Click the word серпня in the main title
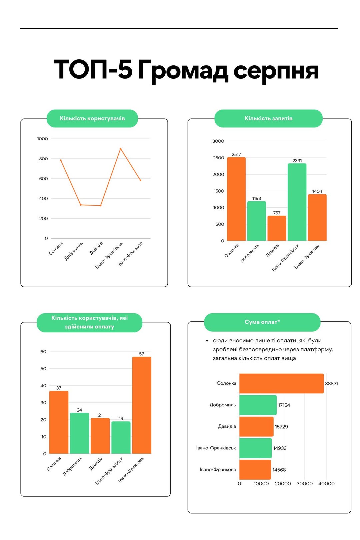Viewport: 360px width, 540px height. tap(276, 71)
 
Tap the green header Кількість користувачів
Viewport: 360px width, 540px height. tap(92, 118)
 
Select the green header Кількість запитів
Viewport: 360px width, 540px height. tap(268, 118)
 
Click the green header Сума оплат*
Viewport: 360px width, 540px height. tap(262, 322)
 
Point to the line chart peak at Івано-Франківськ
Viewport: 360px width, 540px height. tap(120, 149)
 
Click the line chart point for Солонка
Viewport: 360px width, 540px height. tap(61, 160)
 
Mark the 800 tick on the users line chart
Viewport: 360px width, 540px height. tap(43, 159)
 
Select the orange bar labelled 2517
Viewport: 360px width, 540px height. tap(236, 199)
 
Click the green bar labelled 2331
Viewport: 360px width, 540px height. tap(297, 202)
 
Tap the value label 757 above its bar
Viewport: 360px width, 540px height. tap(277, 213)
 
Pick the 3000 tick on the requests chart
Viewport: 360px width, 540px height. tap(218, 141)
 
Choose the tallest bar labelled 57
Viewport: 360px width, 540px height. tap(142, 405)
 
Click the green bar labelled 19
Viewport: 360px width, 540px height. tap(121, 437)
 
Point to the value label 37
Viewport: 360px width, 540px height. tap(59, 388)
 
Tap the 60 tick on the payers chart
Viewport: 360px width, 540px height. tap(43, 352)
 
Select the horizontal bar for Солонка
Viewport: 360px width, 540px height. tap(281, 383)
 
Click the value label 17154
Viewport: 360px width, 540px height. tap(284, 405)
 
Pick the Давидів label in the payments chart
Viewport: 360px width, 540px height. tap(227, 426)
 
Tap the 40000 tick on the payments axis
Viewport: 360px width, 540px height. tap(326, 484)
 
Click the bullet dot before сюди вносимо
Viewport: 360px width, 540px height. tap(207, 341)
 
